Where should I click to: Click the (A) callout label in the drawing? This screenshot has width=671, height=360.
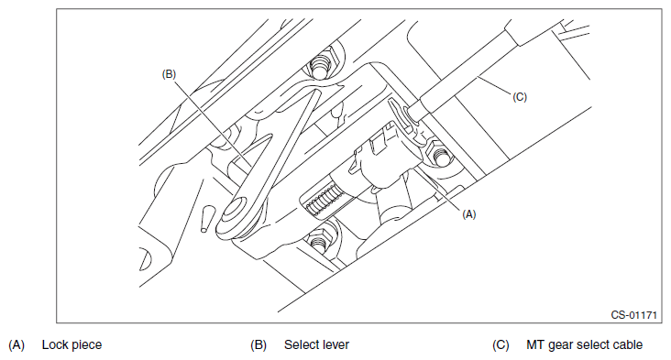[469, 214]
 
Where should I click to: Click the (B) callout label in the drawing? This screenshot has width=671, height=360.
[169, 74]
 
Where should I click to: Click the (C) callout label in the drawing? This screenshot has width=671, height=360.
[520, 97]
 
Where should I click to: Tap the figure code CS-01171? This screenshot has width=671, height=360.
[633, 315]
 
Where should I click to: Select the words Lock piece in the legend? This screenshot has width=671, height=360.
[71, 344]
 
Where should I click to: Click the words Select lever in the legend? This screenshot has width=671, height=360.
[316, 344]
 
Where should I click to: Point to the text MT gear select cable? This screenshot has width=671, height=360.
[585, 344]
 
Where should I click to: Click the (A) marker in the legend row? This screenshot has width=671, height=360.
[16, 344]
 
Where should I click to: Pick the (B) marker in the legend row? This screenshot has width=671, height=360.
[258, 344]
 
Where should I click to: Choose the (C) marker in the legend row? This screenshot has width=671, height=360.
[500, 344]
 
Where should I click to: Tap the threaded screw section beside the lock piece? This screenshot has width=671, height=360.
[324, 200]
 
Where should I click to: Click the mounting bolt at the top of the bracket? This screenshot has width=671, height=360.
[323, 65]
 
